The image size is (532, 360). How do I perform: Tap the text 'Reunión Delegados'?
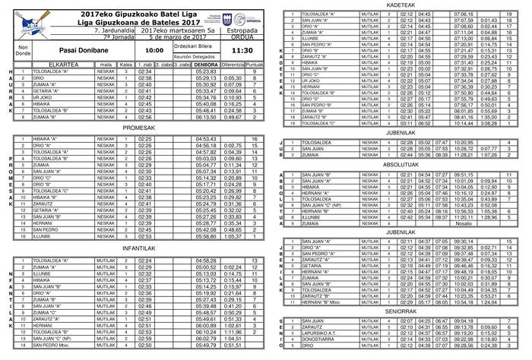pyautogui.click(x=193, y=56)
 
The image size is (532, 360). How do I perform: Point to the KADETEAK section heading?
pyautogui.click(x=401, y=5)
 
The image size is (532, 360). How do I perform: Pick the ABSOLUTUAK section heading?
pyautogui.click(x=401, y=164)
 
